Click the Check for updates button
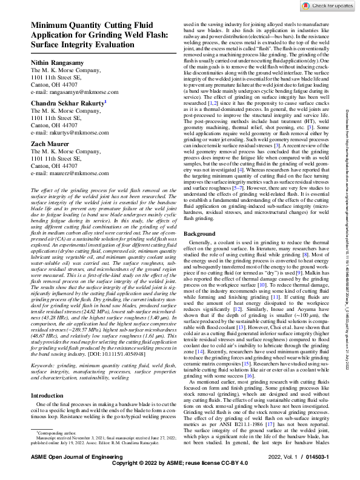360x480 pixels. [x=331, y=5]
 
